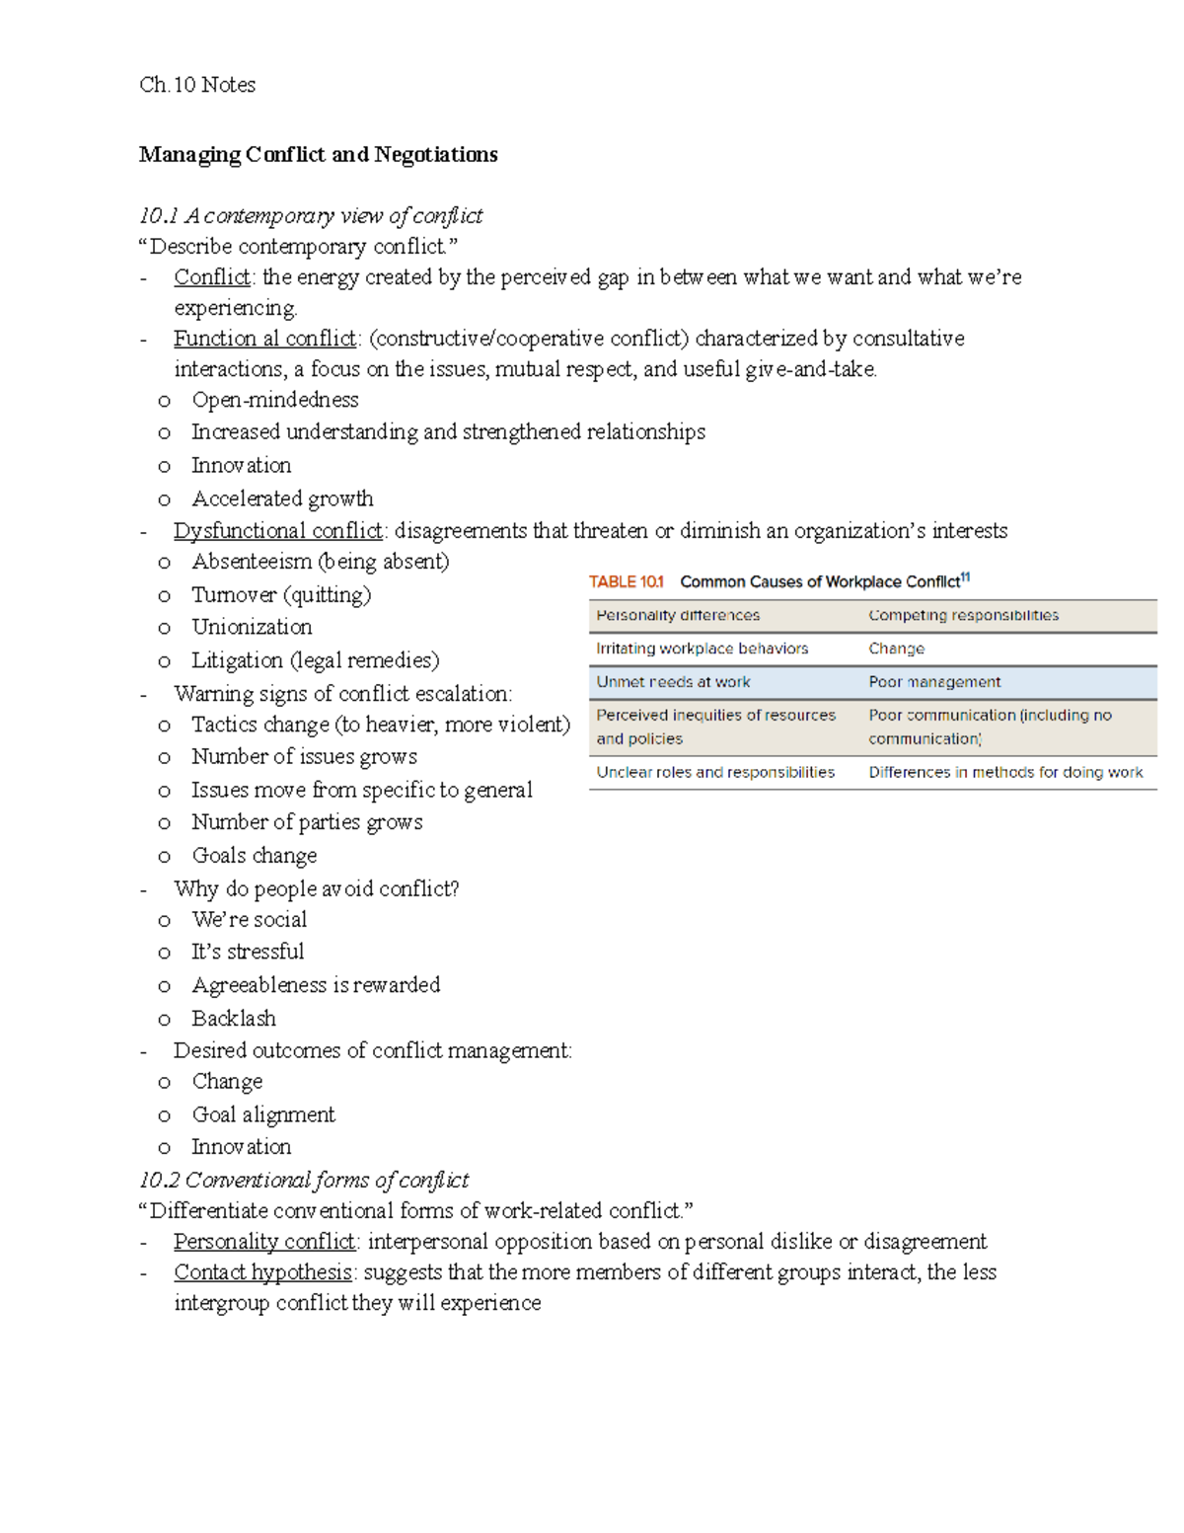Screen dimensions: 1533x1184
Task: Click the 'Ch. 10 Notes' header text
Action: pyautogui.click(x=197, y=85)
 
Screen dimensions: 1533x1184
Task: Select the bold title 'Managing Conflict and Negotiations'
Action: pyautogui.click(x=318, y=154)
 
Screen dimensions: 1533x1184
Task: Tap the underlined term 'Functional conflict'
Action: pyautogui.click(x=264, y=339)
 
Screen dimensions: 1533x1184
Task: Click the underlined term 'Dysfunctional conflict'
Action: pyautogui.click(x=278, y=531)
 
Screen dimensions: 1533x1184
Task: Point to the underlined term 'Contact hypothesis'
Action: pyautogui.click(x=262, y=1272)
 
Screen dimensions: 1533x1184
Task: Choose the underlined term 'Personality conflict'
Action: pyautogui.click(x=264, y=1241)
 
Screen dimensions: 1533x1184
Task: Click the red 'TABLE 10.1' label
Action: pyautogui.click(x=627, y=581)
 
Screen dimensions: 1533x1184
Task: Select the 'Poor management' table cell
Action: pyautogui.click(x=934, y=682)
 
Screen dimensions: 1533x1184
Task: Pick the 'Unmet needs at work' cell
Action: pyautogui.click(x=673, y=682)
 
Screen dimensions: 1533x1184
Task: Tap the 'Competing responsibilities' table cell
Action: pyautogui.click(x=963, y=615)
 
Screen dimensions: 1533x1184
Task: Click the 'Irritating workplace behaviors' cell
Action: pyautogui.click(x=702, y=649)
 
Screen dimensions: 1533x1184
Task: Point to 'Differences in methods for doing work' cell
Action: pyautogui.click(x=1005, y=772)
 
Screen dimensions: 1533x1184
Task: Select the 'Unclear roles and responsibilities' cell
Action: pyautogui.click(x=715, y=772)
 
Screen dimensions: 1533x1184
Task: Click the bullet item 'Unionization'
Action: pyautogui.click(x=252, y=627)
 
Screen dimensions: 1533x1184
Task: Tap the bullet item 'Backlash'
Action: pyautogui.click(x=234, y=1018)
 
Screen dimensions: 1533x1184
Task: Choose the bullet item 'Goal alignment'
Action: pyautogui.click(x=263, y=1114)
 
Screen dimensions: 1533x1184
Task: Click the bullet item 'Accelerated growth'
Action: pyautogui.click(x=282, y=498)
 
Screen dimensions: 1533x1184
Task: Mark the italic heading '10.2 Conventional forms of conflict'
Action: pyautogui.click(x=304, y=1180)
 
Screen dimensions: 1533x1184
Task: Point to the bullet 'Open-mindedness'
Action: pyautogui.click(x=275, y=400)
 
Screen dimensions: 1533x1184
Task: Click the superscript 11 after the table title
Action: pyautogui.click(x=966, y=577)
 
